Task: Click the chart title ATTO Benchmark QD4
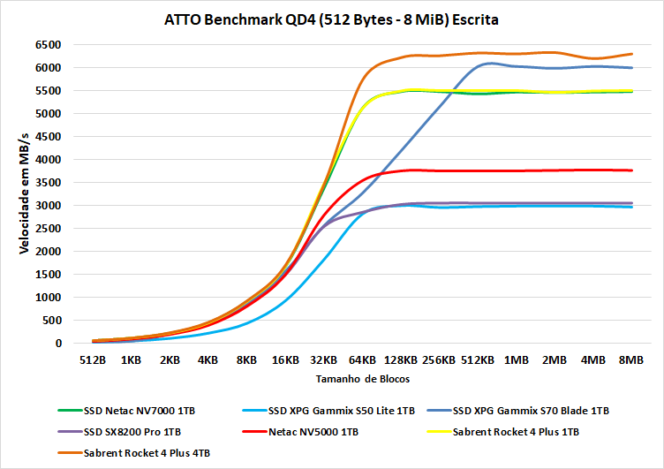coord(331,19)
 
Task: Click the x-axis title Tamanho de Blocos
coord(361,378)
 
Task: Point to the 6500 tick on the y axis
coord(46,44)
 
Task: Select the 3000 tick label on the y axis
coord(46,205)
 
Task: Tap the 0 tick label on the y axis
coord(57,343)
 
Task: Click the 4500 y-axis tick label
coord(46,136)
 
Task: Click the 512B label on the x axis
coord(93,360)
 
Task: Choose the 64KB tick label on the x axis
coord(362,360)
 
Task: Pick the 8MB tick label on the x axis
coord(630,360)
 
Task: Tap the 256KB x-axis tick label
coord(439,360)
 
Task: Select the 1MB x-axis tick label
coord(516,360)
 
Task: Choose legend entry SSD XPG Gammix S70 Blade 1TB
coord(530,411)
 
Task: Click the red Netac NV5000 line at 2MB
coord(555,170)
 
